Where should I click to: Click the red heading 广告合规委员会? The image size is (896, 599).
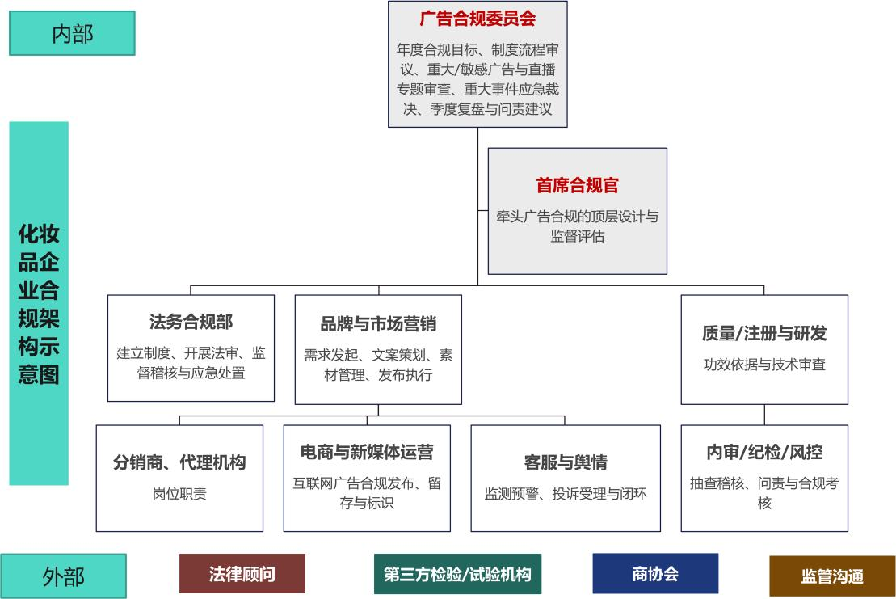pos(477,18)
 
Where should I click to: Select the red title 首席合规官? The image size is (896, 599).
pos(577,185)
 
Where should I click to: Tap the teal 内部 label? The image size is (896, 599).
pos(72,33)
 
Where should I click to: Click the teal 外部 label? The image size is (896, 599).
pos(63,576)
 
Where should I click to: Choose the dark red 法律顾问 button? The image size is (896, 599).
pos(242,574)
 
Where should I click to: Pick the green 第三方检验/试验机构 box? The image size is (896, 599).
pos(457,574)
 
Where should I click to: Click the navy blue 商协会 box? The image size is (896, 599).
pos(655,574)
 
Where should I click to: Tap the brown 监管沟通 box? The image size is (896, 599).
pos(832,576)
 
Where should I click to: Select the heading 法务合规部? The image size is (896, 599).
pos(191,322)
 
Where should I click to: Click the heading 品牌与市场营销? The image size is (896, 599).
pos(378,324)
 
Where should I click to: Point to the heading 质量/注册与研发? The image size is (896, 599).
pos(764,333)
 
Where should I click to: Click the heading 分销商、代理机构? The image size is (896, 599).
pos(179,462)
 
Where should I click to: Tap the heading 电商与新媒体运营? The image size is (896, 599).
pos(367,452)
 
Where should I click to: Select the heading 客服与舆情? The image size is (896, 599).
pos(566,462)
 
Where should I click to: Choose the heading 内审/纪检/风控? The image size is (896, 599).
pos(764,452)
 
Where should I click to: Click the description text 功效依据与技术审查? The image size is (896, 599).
pos(764,365)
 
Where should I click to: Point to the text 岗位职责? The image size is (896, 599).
pos(179,493)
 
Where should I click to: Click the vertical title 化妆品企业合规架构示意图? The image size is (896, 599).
pos(39,304)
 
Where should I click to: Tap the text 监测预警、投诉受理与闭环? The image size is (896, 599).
pos(566,493)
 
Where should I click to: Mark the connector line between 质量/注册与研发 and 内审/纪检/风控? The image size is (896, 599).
pos(764,415)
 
